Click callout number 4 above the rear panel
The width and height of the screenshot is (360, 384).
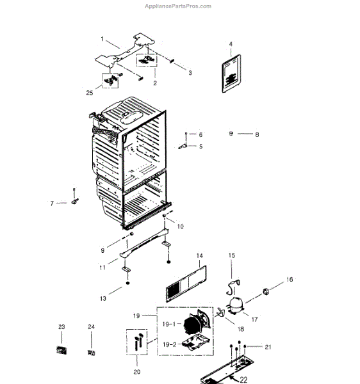[231, 44]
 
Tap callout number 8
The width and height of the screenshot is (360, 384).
[257, 134]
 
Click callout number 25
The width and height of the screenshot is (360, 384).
[90, 93]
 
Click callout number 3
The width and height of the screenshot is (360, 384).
[190, 73]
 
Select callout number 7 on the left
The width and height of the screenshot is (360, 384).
[53, 204]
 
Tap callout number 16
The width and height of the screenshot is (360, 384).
[289, 280]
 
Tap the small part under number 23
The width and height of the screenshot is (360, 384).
[61, 350]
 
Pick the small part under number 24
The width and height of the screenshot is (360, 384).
[92, 351]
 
